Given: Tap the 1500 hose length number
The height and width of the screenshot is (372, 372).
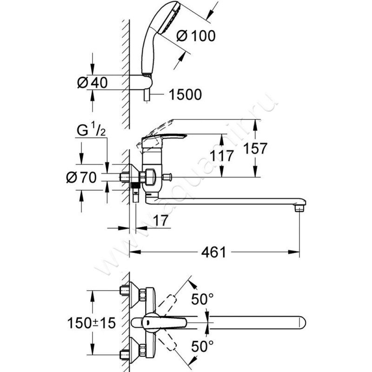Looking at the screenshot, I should tap(186, 95).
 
